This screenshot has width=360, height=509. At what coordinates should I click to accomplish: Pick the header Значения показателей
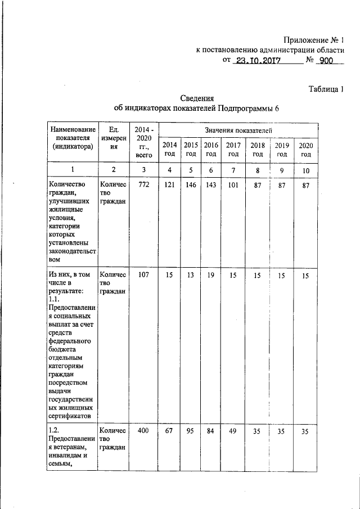click(238, 130)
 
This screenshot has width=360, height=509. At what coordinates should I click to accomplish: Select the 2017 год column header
click(233, 149)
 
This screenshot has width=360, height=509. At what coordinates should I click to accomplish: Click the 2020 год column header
click(305, 149)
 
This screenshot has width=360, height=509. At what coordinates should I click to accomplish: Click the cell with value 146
click(191, 185)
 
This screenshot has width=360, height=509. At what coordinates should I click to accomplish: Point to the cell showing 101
click(233, 185)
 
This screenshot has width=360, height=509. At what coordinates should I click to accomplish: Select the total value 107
click(143, 275)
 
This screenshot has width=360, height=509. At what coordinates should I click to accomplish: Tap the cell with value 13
click(191, 275)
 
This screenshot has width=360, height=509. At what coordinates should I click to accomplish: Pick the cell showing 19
click(210, 275)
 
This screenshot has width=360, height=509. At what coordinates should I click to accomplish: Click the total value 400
click(143, 430)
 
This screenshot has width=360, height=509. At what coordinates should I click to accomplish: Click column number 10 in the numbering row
click(305, 170)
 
